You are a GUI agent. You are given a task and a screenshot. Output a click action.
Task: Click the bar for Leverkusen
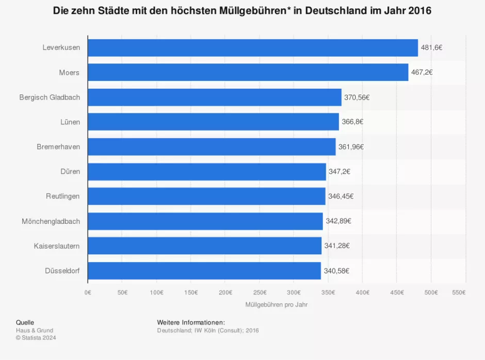coord(253,47)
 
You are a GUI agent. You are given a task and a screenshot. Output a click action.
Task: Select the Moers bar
coord(248,72)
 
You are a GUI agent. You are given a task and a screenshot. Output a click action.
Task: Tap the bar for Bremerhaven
coord(212,146)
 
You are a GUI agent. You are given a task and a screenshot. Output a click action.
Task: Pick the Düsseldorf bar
coord(204,270)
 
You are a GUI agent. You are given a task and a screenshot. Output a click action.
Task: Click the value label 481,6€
coord(431,47)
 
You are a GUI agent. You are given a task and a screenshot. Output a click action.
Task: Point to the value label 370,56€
coord(357,97)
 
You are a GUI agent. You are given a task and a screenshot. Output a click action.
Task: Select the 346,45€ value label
coord(341,196)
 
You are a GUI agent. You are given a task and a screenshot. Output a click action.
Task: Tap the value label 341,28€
coord(337,246)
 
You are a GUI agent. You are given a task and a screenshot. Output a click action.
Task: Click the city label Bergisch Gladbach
coord(50,97)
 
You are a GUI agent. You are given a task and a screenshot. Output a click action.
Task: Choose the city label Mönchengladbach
coord(51,221)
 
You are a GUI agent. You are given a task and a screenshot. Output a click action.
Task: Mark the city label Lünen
coord(69,122)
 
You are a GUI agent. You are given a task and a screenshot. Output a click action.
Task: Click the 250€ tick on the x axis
coord(259,292)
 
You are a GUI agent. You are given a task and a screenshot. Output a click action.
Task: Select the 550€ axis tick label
coord(458,292)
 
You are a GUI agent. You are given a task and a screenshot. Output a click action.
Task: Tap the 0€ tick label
coord(88,292)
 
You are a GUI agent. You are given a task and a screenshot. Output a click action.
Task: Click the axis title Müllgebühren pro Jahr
coord(277,304)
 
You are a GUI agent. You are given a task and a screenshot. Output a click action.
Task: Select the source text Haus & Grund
coord(35,330)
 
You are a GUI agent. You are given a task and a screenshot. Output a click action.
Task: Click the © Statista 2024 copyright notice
coord(36,338)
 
